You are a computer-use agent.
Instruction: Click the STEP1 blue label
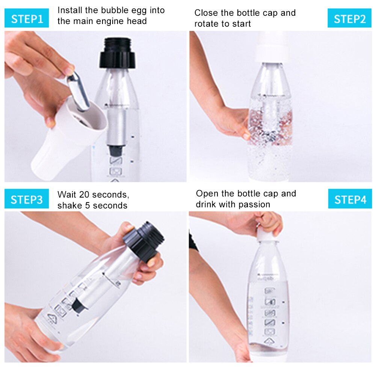click(x=27, y=18)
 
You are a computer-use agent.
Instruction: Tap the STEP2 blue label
click(x=349, y=18)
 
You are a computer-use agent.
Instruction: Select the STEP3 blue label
click(x=27, y=199)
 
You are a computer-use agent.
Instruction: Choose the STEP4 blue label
click(x=349, y=199)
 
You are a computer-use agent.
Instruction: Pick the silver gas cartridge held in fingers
click(x=78, y=91)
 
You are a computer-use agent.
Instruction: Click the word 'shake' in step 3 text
click(x=69, y=205)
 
